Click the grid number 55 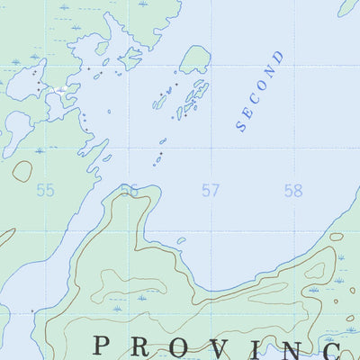pyautogui.click(x=45, y=190)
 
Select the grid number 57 pyautogui.click(x=211, y=190)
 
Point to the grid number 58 pyautogui.click(x=292, y=190)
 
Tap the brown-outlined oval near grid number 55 pyautogui.click(x=22, y=170)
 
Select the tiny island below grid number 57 pyautogui.click(x=181, y=240)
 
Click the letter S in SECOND pyautogui.click(x=241, y=126)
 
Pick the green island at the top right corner pyautogui.click(x=349, y=6)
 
